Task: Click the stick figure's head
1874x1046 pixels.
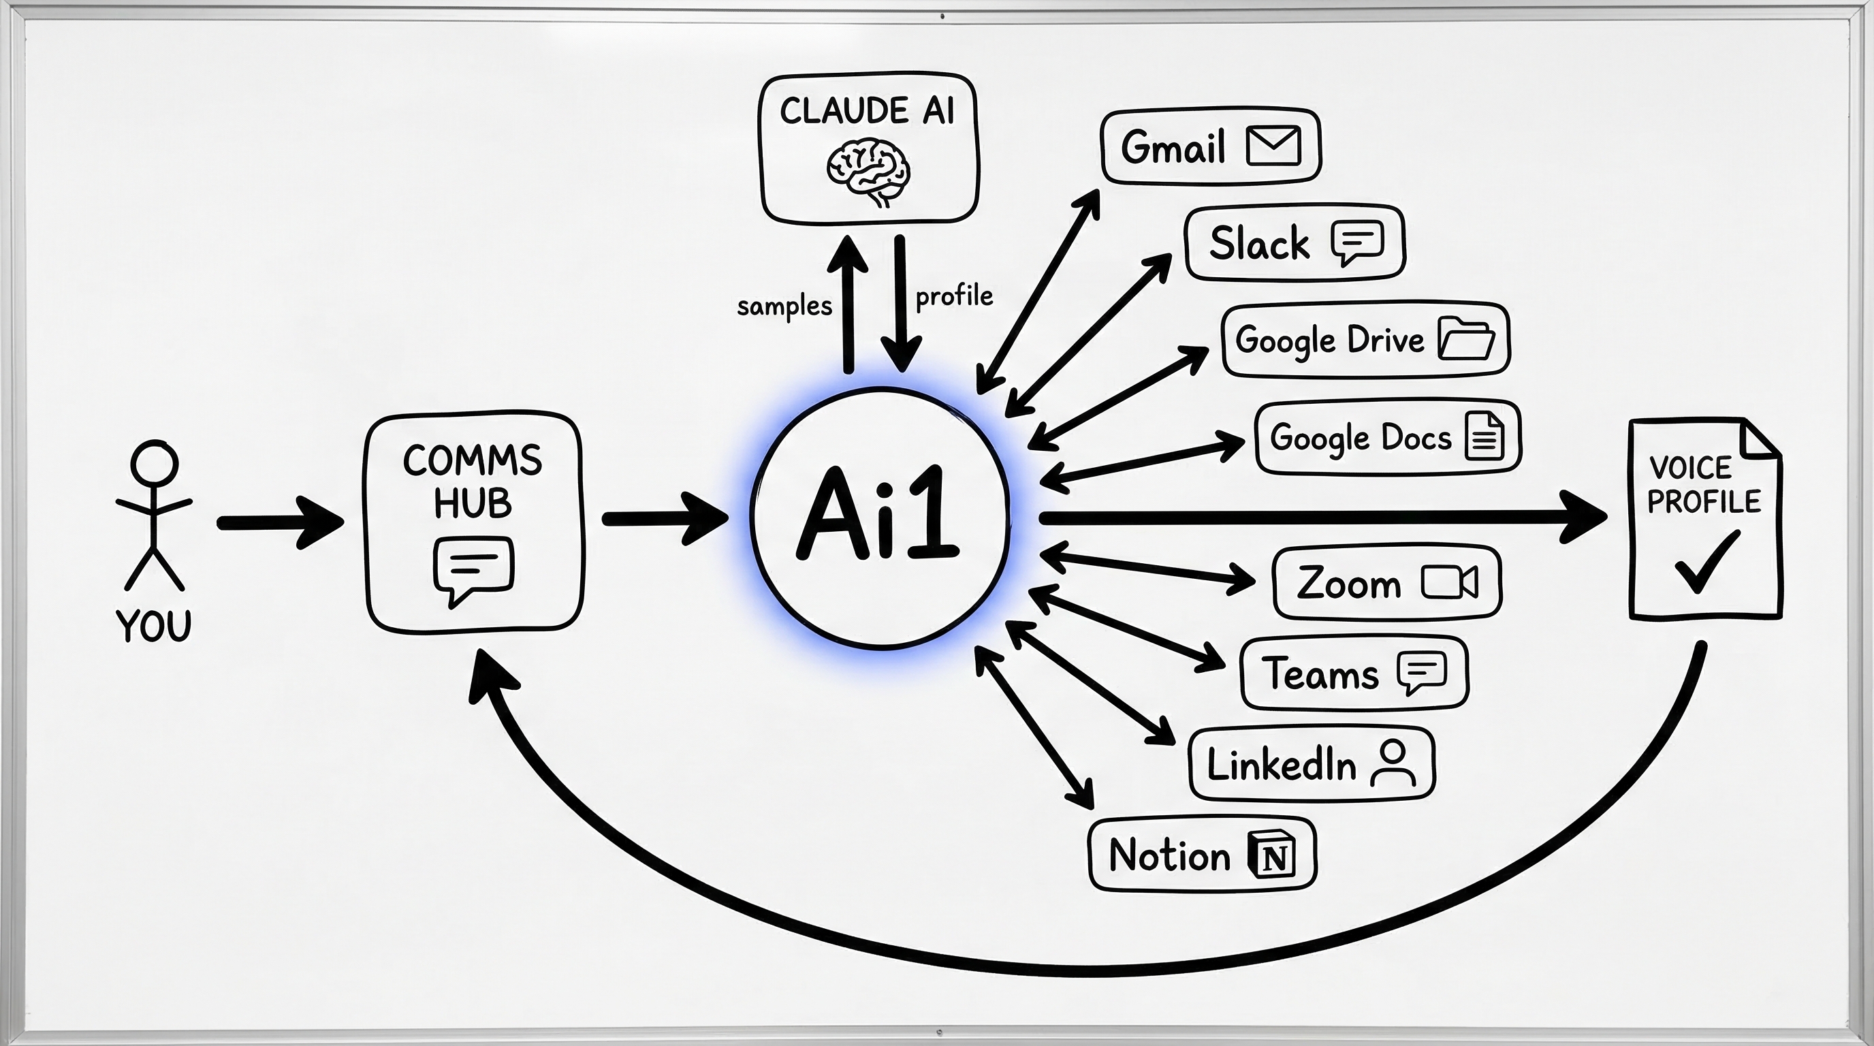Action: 154,462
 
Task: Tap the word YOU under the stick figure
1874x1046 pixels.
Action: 153,626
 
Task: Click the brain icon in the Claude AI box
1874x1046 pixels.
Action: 869,173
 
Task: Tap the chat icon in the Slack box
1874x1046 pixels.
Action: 1356,242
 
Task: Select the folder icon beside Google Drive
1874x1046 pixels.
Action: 1466,338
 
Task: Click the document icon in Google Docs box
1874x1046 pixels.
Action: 1484,436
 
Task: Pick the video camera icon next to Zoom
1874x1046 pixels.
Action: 1449,583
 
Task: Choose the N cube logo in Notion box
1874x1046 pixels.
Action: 1271,855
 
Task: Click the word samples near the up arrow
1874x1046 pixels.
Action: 784,306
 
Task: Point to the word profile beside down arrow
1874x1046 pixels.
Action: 954,296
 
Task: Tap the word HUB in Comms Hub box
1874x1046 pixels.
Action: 472,503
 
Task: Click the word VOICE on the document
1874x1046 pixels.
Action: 1690,468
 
